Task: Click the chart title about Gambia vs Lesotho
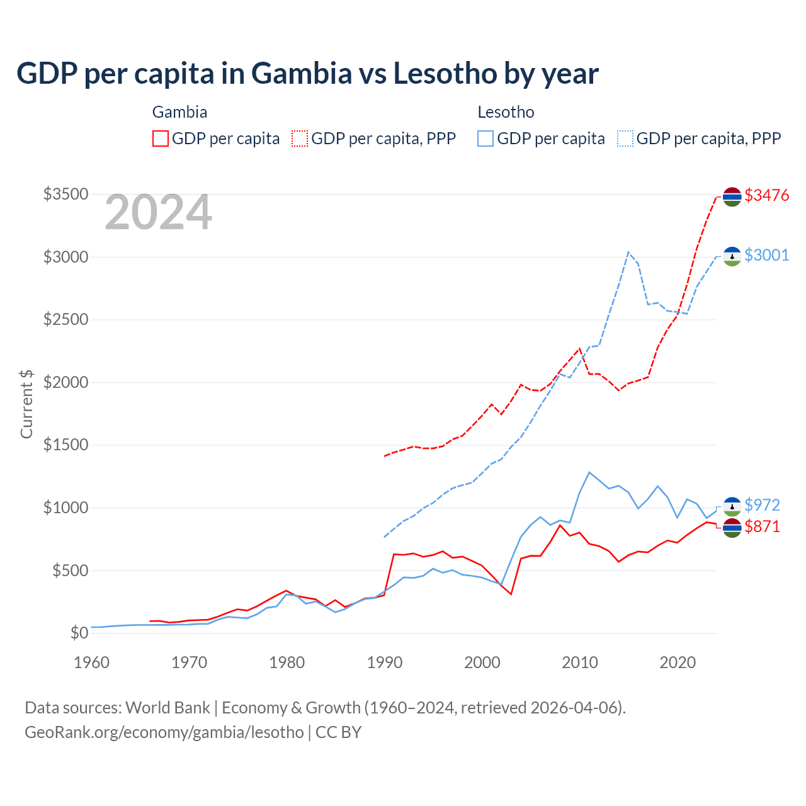(x=307, y=74)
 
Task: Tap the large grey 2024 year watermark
(x=158, y=213)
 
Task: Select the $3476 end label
(x=766, y=195)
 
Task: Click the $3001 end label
(x=766, y=255)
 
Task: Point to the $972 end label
(x=762, y=505)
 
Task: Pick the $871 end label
(x=762, y=526)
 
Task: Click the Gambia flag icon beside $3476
(x=732, y=196)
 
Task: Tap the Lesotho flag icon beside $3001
(x=732, y=256)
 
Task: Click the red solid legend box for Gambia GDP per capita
(x=161, y=139)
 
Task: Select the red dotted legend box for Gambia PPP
(x=300, y=139)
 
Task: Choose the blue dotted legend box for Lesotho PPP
(x=625, y=139)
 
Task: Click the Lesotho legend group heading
(x=506, y=112)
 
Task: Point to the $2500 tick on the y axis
(x=65, y=319)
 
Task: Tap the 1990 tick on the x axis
(x=385, y=662)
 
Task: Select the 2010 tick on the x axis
(x=580, y=662)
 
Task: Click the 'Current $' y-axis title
(x=26, y=404)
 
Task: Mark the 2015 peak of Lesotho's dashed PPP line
(x=628, y=253)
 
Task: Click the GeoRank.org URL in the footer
(x=164, y=732)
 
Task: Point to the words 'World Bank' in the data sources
(x=167, y=708)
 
